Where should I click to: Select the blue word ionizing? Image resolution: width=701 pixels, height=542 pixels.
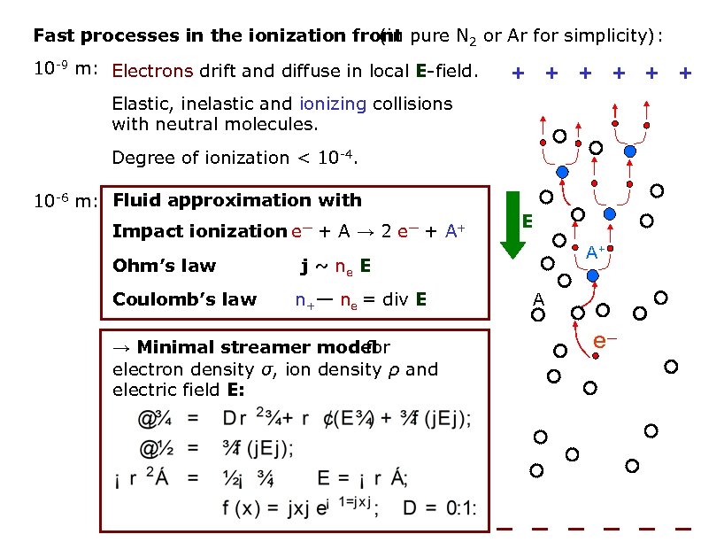pos(332,104)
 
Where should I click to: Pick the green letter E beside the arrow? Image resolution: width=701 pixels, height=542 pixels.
pos(528,219)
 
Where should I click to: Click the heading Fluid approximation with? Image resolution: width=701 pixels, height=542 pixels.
pos(237,200)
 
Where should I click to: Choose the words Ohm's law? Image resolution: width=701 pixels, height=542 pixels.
pos(165,266)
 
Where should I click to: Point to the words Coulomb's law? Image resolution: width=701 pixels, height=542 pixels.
pos(185,299)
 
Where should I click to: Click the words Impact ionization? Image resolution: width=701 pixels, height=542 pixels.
pos(199,232)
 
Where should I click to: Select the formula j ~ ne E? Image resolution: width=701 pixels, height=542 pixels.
pos(334,266)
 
